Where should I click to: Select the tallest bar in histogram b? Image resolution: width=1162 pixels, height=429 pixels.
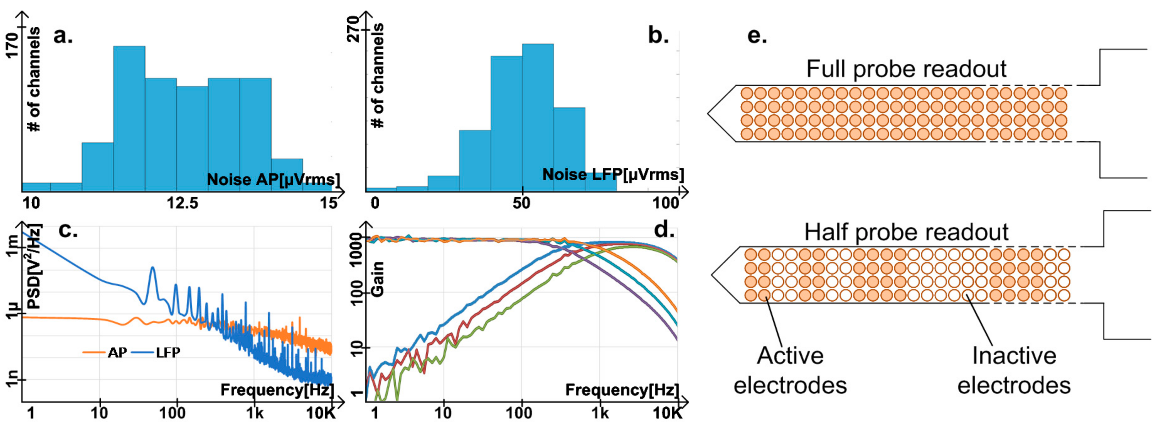coord(538,117)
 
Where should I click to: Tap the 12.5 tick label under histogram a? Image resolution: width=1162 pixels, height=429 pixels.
coord(182,204)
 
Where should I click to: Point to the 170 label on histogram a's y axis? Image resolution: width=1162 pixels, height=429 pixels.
coord(12,45)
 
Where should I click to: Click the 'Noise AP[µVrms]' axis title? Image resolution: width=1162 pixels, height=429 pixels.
coord(273,180)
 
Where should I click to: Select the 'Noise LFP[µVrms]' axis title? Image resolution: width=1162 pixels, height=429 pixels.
coord(613,175)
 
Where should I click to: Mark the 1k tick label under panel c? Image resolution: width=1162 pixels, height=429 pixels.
coord(254,413)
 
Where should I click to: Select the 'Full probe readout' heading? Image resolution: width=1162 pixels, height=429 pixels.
coord(906,69)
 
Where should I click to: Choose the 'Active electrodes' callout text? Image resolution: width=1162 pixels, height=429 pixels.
coord(790,370)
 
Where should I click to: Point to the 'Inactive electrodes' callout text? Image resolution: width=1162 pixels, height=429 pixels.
coord(1014,370)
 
